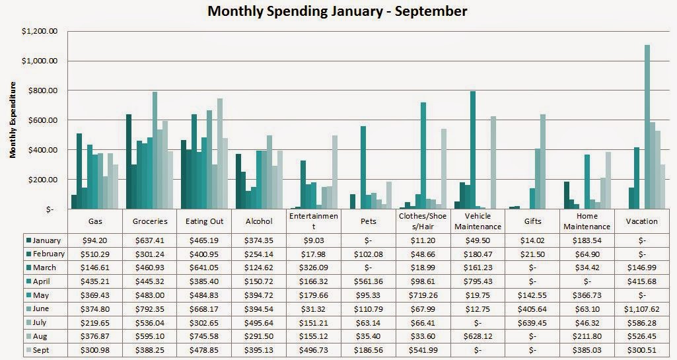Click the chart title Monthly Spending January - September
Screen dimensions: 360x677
click(337, 11)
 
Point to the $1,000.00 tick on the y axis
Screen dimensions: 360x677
click(40, 61)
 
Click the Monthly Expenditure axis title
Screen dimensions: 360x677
click(13, 120)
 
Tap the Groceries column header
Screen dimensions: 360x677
click(151, 221)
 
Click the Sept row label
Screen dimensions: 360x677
click(43, 350)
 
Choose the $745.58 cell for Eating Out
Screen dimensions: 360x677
click(205, 336)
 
